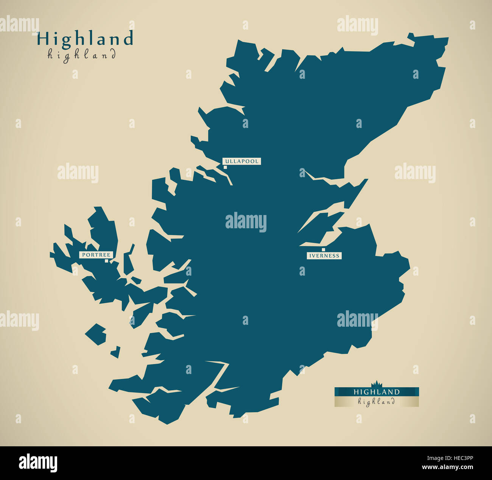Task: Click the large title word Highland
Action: [85, 39]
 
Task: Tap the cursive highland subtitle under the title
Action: [82, 55]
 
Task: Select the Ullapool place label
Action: [241, 161]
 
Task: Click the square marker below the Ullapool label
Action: [226, 167]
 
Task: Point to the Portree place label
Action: [96, 255]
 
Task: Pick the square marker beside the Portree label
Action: [106, 261]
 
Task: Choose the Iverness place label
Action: [324, 256]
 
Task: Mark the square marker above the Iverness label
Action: [323, 250]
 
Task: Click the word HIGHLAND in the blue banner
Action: [376, 392]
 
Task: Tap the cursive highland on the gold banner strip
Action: [376, 402]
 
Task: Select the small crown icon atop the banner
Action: [377, 383]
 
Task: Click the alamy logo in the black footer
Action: [38, 463]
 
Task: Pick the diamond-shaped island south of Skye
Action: [96, 334]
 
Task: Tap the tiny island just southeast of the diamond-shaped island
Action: [116, 352]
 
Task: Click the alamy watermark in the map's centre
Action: [246, 222]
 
